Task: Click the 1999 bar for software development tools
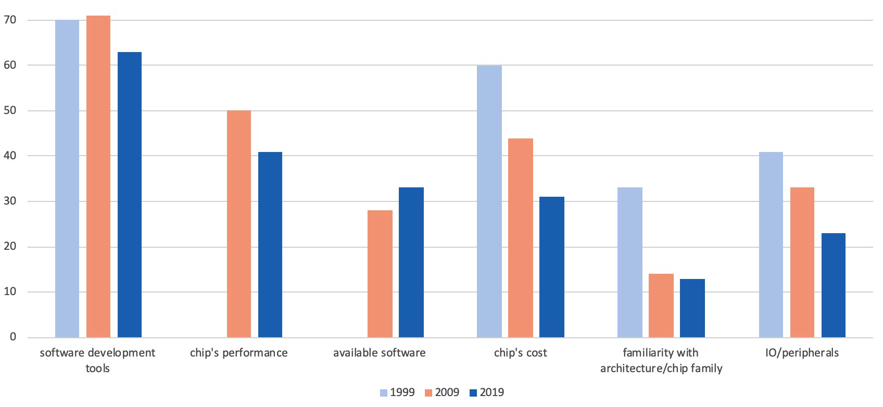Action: (x=67, y=179)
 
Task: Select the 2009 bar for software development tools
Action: (x=98, y=176)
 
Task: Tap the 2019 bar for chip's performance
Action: (x=270, y=245)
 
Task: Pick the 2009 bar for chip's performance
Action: (x=239, y=224)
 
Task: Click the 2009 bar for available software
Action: (x=380, y=274)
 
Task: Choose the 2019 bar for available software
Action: (x=411, y=262)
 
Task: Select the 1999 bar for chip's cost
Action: (x=489, y=201)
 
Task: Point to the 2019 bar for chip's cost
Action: (x=552, y=267)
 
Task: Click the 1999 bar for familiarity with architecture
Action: (x=630, y=262)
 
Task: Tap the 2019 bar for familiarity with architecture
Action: (x=692, y=308)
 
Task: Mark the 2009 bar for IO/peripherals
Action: (x=802, y=262)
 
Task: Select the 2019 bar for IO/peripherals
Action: (x=834, y=285)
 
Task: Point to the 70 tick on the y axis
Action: (x=10, y=20)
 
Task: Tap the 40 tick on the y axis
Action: (x=10, y=156)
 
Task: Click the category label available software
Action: (x=380, y=353)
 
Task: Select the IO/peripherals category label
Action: (x=802, y=353)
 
